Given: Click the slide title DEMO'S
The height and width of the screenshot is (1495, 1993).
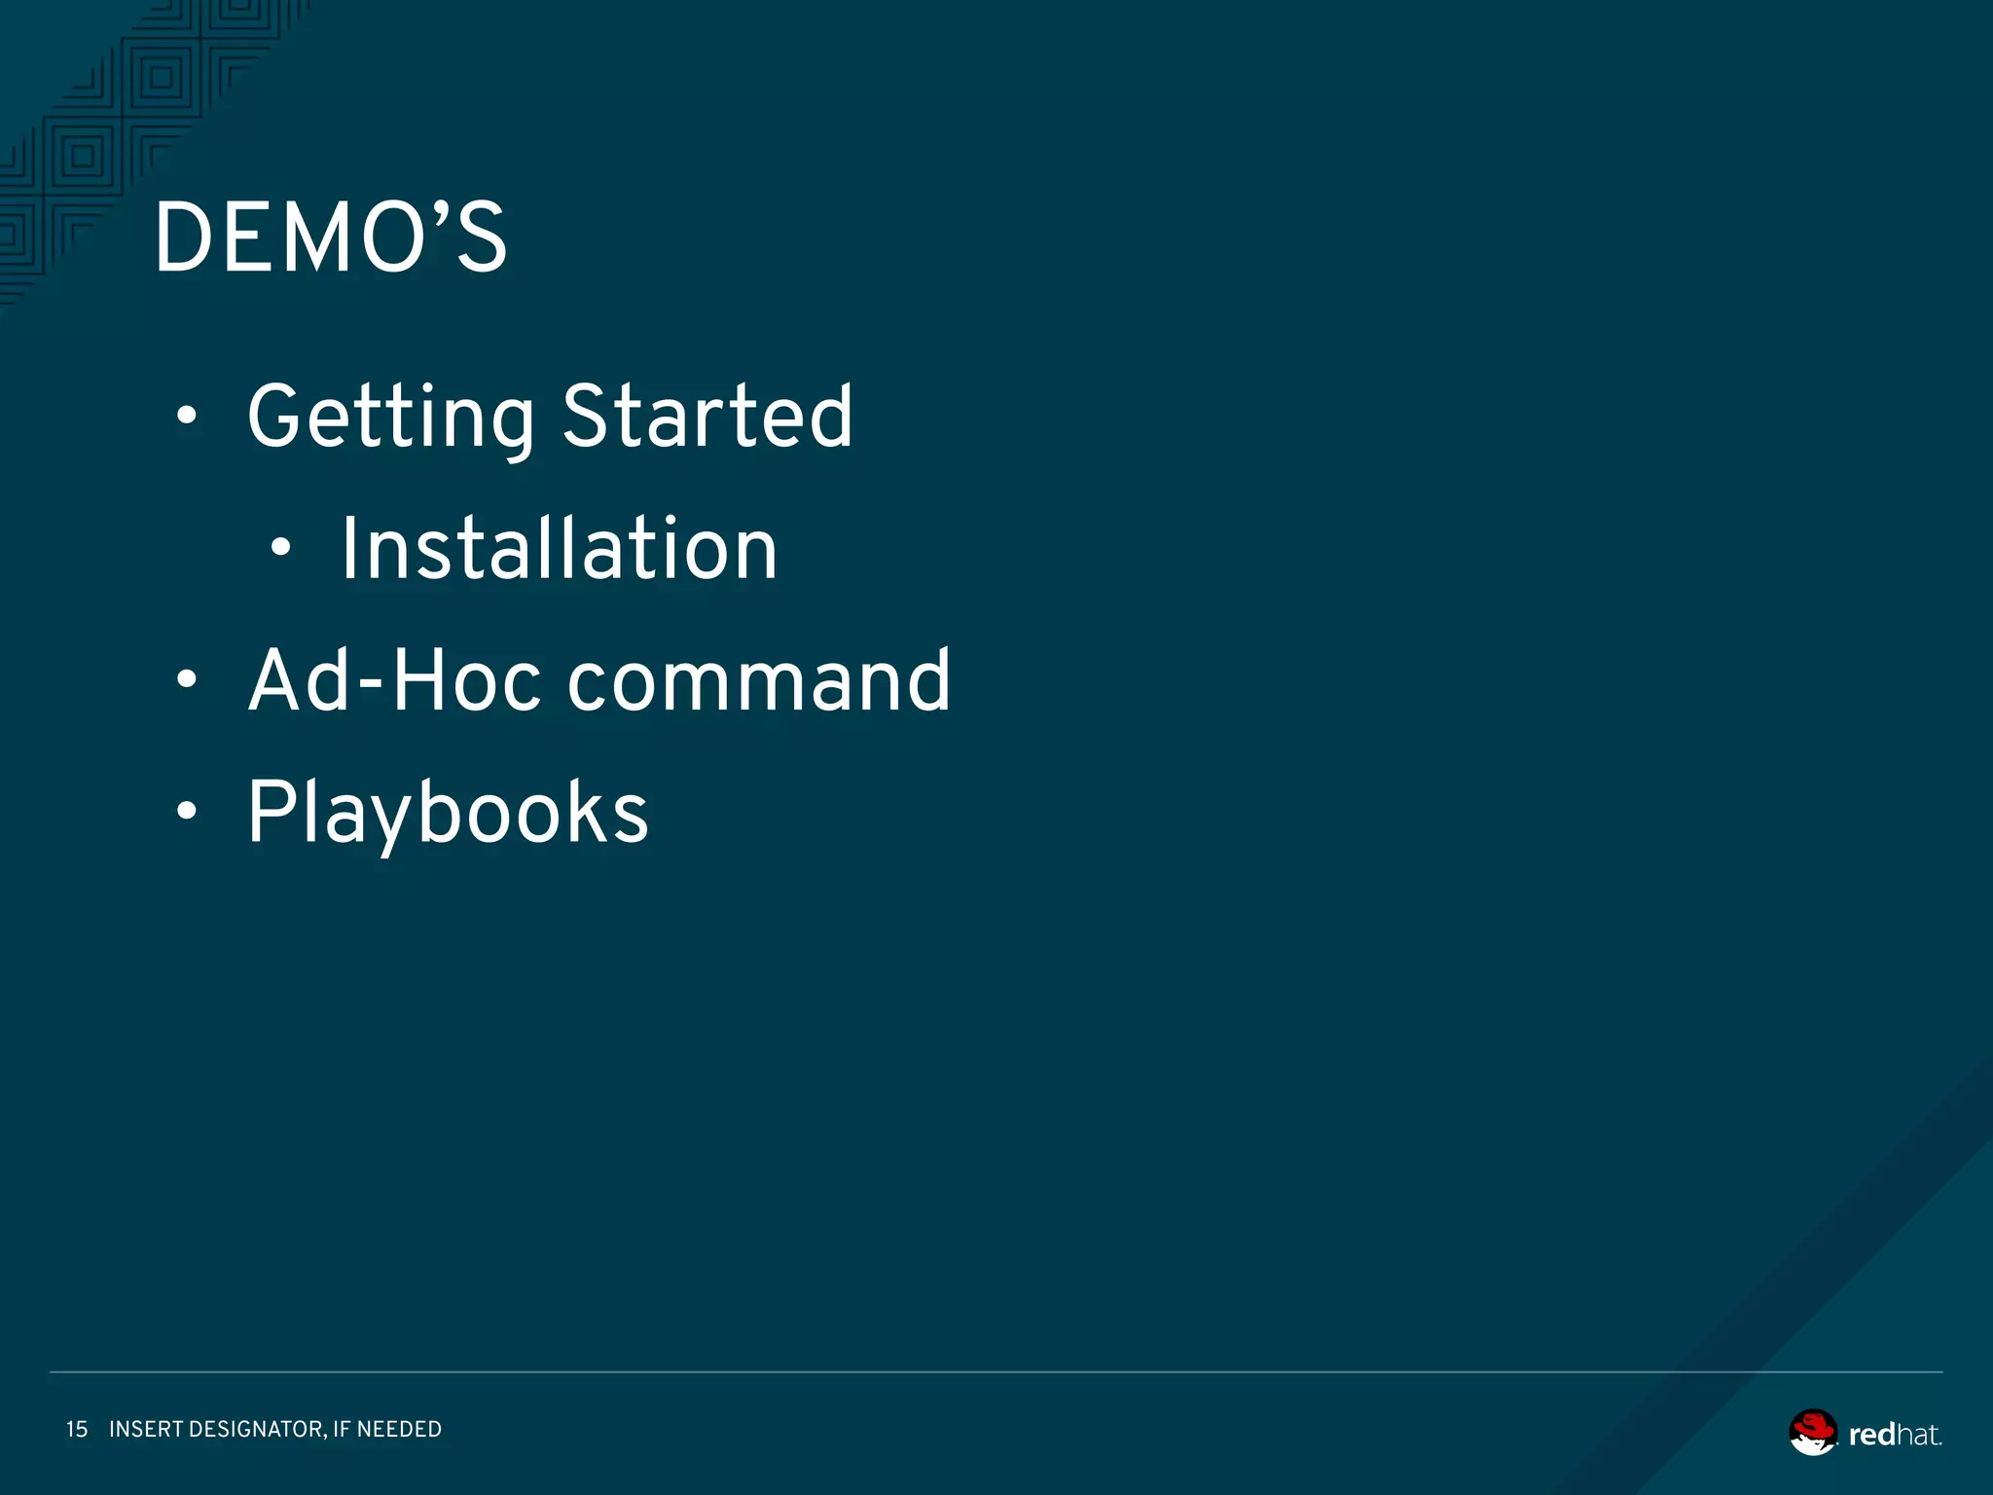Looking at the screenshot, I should [331, 237].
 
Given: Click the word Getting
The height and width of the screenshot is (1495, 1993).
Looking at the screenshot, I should [390, 417].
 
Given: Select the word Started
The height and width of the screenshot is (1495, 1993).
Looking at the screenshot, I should [707, 417].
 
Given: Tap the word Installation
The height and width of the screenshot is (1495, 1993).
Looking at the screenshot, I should [559, 550].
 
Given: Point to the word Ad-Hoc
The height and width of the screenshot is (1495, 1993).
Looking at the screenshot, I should [394, 681].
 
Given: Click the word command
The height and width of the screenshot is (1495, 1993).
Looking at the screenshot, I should [759, 681].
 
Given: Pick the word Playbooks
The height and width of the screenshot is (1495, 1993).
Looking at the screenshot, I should [448, 813].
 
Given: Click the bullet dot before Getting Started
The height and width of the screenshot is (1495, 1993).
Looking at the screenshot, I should [187, 418].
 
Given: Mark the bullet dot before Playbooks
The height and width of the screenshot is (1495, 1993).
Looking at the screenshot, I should [187, 811].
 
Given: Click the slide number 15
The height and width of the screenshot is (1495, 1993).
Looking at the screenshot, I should [77, 1429].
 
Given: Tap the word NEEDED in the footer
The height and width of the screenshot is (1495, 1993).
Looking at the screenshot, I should [399, 1429].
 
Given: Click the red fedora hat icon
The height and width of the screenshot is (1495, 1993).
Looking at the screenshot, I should [1813, 1432].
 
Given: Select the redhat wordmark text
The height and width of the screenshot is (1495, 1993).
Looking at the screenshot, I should [1895, 1435].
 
